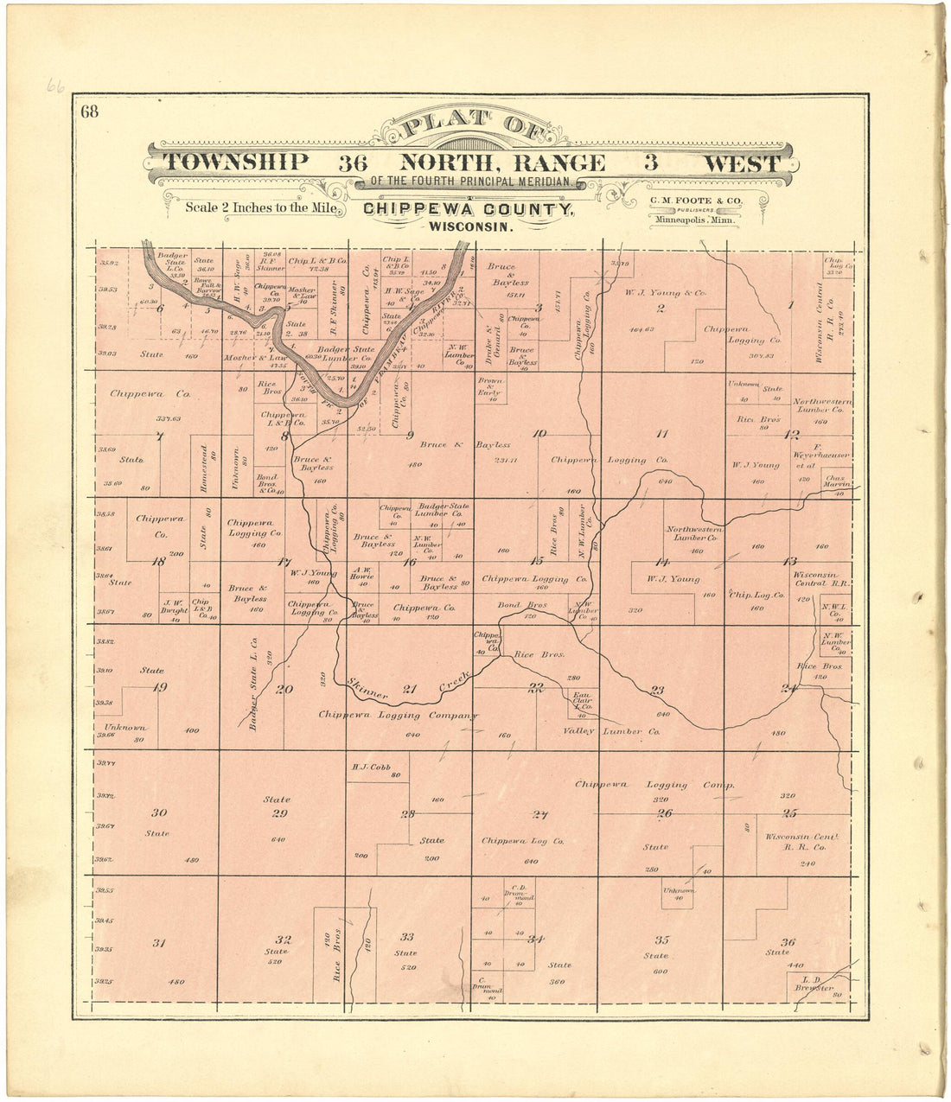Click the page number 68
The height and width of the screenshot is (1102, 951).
point(89,111)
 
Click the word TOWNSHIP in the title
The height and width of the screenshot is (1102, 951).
point(236,162)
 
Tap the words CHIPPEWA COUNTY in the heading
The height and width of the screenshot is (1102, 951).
point(467,209)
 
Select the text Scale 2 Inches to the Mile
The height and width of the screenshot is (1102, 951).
point(265,207)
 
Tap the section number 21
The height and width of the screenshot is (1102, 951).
point(410,689)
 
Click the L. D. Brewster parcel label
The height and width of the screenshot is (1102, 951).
point(814,983)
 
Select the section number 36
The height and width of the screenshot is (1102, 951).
point(787,942)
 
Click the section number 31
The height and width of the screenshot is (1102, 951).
point(158,943)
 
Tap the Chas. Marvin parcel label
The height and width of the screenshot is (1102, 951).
point(833,481)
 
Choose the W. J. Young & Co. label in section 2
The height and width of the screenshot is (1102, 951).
point(665,293)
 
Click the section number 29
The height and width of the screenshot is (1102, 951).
point(278,813)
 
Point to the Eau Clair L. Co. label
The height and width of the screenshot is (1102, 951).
point(581,700)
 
